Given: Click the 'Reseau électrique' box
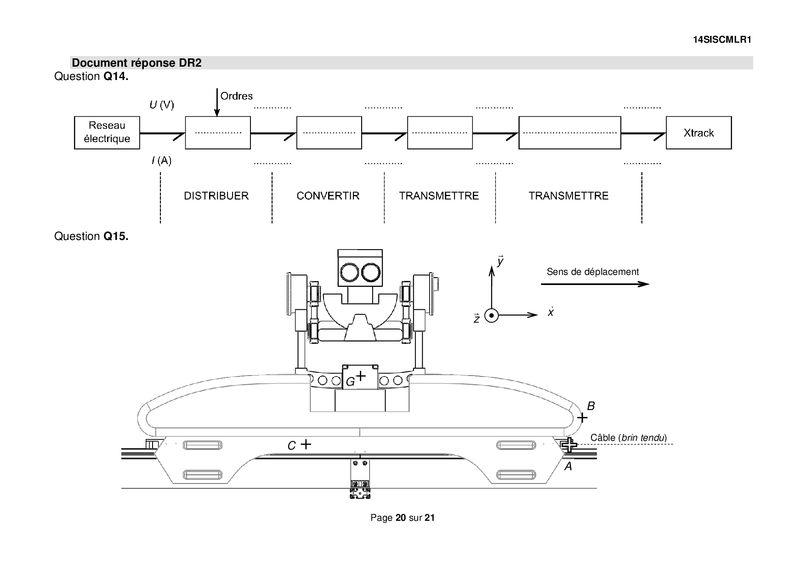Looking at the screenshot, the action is point(107,132).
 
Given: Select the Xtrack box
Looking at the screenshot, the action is point(698,132).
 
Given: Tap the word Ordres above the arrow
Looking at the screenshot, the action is point(237,96).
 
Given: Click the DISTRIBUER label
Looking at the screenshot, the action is point(216,196).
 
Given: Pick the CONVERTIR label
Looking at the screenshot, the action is point(328,196).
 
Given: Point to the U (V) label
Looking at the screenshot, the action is point(162,105).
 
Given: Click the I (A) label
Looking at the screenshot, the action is point(162,160).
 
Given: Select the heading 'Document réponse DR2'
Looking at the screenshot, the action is point(137,63).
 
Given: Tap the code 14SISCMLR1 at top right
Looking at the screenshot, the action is point(722,40).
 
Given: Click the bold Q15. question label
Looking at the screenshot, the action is point(116,236).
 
